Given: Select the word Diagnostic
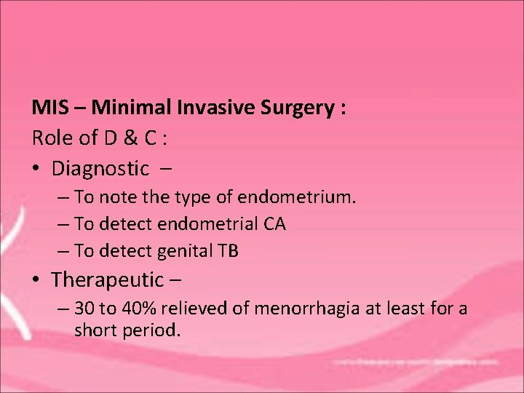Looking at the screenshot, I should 100,169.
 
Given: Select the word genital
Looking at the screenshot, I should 181,251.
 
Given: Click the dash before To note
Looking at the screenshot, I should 63,197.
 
